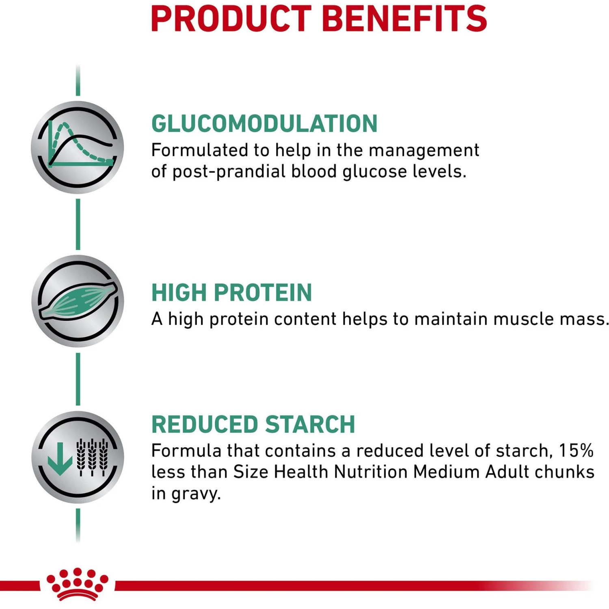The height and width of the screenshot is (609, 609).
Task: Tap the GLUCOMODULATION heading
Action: coord(264,123)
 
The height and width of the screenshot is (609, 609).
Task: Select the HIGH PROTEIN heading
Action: coord(231,292)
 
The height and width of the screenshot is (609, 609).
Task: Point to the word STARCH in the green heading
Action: coord(310,424)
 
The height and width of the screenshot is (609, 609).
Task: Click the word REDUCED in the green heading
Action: coord(205,424)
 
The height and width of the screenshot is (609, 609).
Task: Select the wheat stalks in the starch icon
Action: coord(93,457)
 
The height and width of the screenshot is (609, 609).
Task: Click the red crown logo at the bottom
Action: coord(78,584)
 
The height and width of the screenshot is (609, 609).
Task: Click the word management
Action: coord(424,150)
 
